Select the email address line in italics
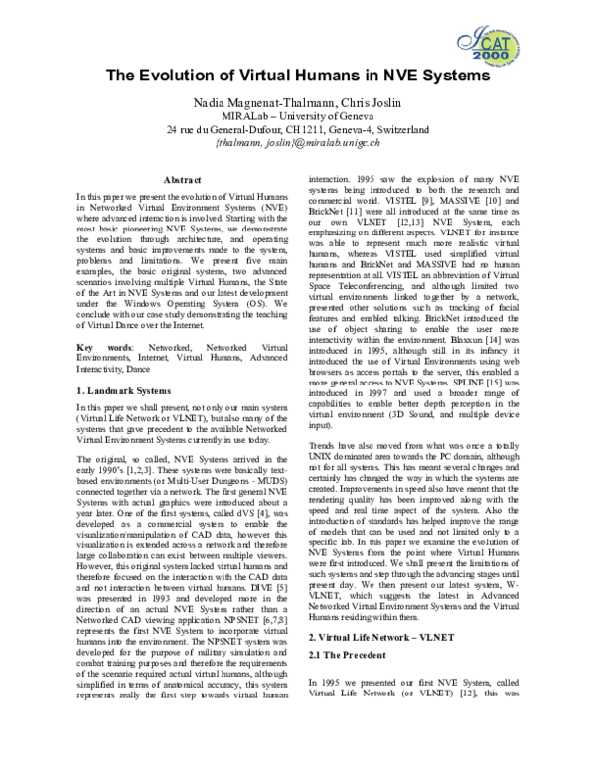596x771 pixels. pos(297,143)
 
